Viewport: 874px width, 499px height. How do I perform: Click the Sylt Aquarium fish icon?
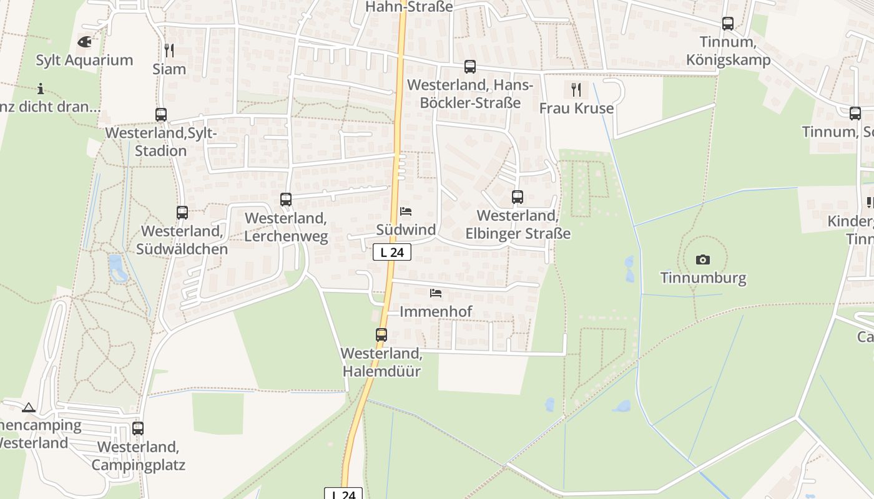(x=84, y=42)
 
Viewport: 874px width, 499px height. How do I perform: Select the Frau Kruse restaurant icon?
(x=576, y=90)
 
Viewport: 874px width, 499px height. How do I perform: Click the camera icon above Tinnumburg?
(x=703, y=259)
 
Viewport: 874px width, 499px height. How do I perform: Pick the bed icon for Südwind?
(x=406, y=211)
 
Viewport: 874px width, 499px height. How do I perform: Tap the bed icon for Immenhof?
(x=436, y=293)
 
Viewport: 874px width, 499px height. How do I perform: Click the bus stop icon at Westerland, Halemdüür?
(x=381, y=334)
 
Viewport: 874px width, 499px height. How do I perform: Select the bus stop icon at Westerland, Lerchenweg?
(x=286, y=200)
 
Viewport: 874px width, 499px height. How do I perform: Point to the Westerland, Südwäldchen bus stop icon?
(x=182, y=213)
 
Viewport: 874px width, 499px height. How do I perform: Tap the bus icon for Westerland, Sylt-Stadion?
(x=161, y=115)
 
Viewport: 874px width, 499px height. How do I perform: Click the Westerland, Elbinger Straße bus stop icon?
(x=518, y=197)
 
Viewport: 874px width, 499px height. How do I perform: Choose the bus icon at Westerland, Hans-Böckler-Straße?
(x=470, y=67)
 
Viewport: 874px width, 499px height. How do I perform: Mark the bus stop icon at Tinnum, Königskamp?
(x=728, y=24)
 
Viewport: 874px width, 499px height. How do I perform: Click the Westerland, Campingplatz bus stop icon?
(x=138, y=429)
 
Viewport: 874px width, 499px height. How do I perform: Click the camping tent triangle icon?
(x=28, y=408)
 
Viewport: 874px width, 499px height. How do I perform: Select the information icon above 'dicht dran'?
(x=41, y=89)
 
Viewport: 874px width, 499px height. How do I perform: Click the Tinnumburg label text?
(x=703, y=278)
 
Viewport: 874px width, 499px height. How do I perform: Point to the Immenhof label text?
(x=436, y=311)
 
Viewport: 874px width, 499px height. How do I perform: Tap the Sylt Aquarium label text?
(x=84, y=61)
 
